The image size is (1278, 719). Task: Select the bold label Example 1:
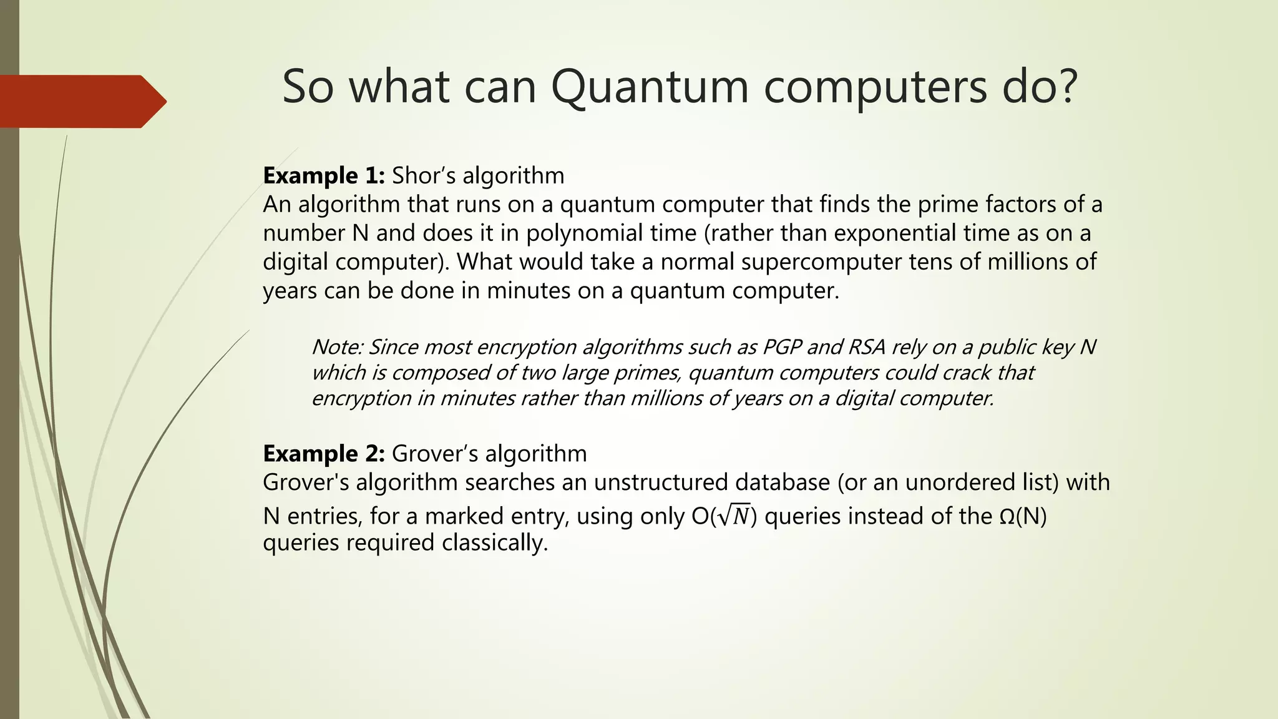coord(324,176)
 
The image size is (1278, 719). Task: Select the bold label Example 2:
coord(324,454)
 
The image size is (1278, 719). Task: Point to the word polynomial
coord(574,233)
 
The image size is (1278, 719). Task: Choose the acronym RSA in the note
coord(867,347)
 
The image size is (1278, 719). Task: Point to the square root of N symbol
coord(734,517)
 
